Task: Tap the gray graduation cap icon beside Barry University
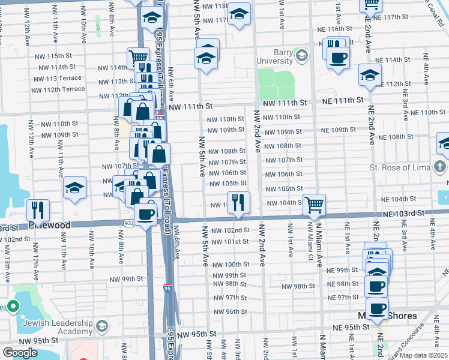tap(301, 56)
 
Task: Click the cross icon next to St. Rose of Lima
tap(440, 166)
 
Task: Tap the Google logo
tap(20, 352)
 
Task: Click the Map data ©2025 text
tap(423, 355)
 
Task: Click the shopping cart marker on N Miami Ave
tap(314, 205)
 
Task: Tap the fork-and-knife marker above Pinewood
tap(38, 210)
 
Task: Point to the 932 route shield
tap(130, 223)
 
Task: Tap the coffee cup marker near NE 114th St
tap(339, 58)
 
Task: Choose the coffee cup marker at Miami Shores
tap(377, 309)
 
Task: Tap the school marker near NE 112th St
tap(370, 76)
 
